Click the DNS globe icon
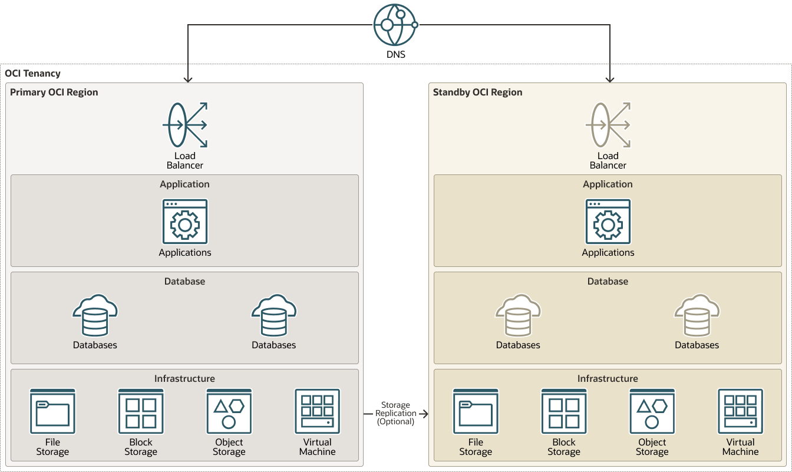(x=395, y=25)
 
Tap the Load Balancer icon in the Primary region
(x=185, y=125)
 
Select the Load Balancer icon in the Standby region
(x=608, y=125)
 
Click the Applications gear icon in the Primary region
(x=185, y=222)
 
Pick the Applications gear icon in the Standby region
(x=608, y=222)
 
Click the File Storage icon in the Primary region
(x=52, y=411)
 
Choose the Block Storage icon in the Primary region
(x=141, y=411)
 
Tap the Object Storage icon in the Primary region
(x=229, y=411)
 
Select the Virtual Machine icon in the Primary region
(x=318, y=411)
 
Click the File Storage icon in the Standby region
(x=476, y=411)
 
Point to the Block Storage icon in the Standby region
(x=564, y=411)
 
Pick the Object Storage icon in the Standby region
(x=652, y=411)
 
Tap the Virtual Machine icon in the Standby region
(x=741, y=411)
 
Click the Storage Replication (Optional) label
(x=395, y=413)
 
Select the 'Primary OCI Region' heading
(x=54, y=93)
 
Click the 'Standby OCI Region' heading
(x=477, y=93)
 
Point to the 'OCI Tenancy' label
(x=32, y=74)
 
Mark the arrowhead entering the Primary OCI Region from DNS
(x=187, y=79)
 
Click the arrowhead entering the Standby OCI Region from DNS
(x=610, y=79)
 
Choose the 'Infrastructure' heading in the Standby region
(x=608, y=379)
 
